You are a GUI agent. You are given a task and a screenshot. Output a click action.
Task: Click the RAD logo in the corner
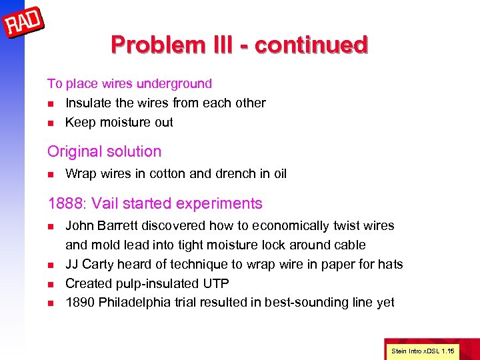point(23,24)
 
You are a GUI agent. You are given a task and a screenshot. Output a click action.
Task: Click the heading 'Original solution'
point(104,151)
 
